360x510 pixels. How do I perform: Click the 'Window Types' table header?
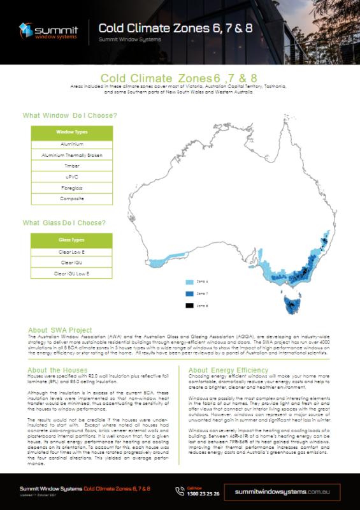pos(72,132)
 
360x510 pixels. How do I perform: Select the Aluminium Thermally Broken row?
pos(72,155)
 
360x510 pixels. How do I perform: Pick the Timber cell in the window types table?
pos(72,166)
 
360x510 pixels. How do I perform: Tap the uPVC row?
pos(72,177)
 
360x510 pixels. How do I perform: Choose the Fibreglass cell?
pos(72,188)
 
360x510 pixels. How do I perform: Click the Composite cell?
pos(72,199)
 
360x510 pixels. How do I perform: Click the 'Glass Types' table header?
pos(72,240)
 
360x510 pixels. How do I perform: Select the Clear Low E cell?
pos(72,252)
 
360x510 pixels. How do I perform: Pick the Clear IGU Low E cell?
pos(72,273)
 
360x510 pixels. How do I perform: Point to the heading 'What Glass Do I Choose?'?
pos(64,223)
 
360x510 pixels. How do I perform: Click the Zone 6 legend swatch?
pos(189,282)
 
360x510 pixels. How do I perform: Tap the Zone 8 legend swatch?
pos(189,306)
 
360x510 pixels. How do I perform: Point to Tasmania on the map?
pos(295,300)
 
